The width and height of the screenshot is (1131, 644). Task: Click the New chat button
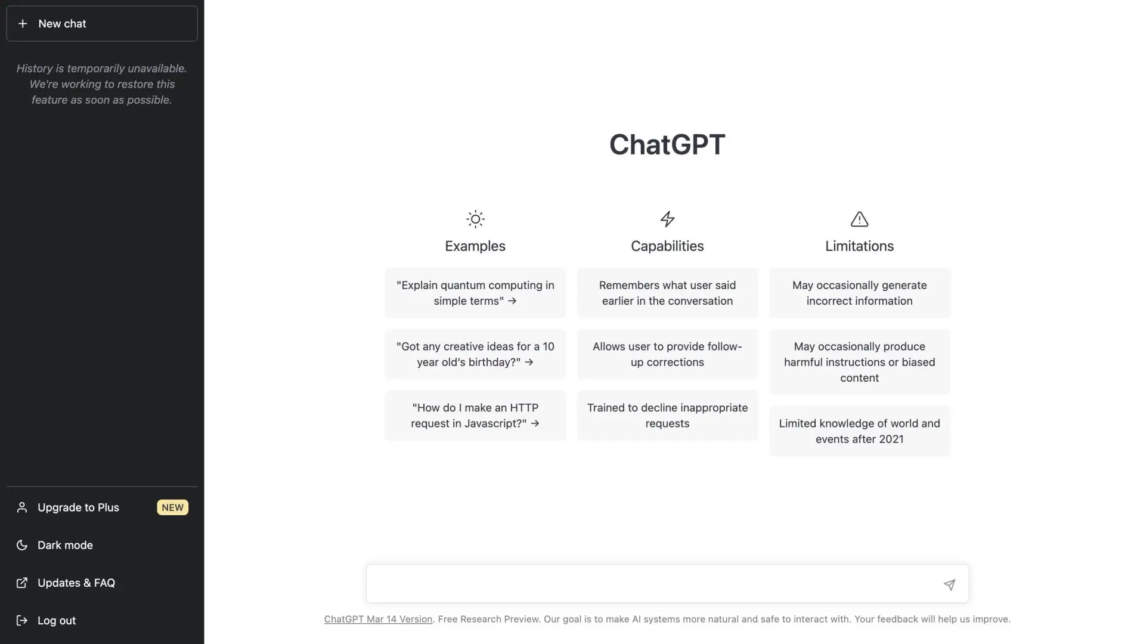point(101,24)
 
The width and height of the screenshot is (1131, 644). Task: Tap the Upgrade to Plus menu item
point(78,507)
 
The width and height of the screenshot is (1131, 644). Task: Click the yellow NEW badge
point(172,507)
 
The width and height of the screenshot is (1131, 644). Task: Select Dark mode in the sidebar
point(65,545)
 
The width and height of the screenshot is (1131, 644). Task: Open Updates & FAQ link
point(76,583)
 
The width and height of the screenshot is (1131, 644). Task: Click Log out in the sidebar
point(56,620)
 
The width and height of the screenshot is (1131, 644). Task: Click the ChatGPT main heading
point(667,144)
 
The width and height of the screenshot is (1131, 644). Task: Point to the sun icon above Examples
point(475,219)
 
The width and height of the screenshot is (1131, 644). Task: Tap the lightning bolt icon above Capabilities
point(667,219)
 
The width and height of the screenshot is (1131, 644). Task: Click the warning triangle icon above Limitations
point(859,219)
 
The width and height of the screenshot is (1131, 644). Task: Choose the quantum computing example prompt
point(475,293)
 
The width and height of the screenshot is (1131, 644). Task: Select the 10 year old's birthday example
point(475,354)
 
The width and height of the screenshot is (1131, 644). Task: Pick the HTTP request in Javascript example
point(475,416)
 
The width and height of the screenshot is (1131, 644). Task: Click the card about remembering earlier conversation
point(667,293)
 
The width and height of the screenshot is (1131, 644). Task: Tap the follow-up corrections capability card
point(667,354)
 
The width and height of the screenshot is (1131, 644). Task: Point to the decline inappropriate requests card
point(667,416)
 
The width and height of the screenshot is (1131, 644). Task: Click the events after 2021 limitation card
point(859,431)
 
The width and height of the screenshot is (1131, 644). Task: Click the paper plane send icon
point(949,584)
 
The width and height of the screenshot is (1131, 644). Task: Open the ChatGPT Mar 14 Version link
point(378,619)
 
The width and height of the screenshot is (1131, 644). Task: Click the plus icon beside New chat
point(23,24)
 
